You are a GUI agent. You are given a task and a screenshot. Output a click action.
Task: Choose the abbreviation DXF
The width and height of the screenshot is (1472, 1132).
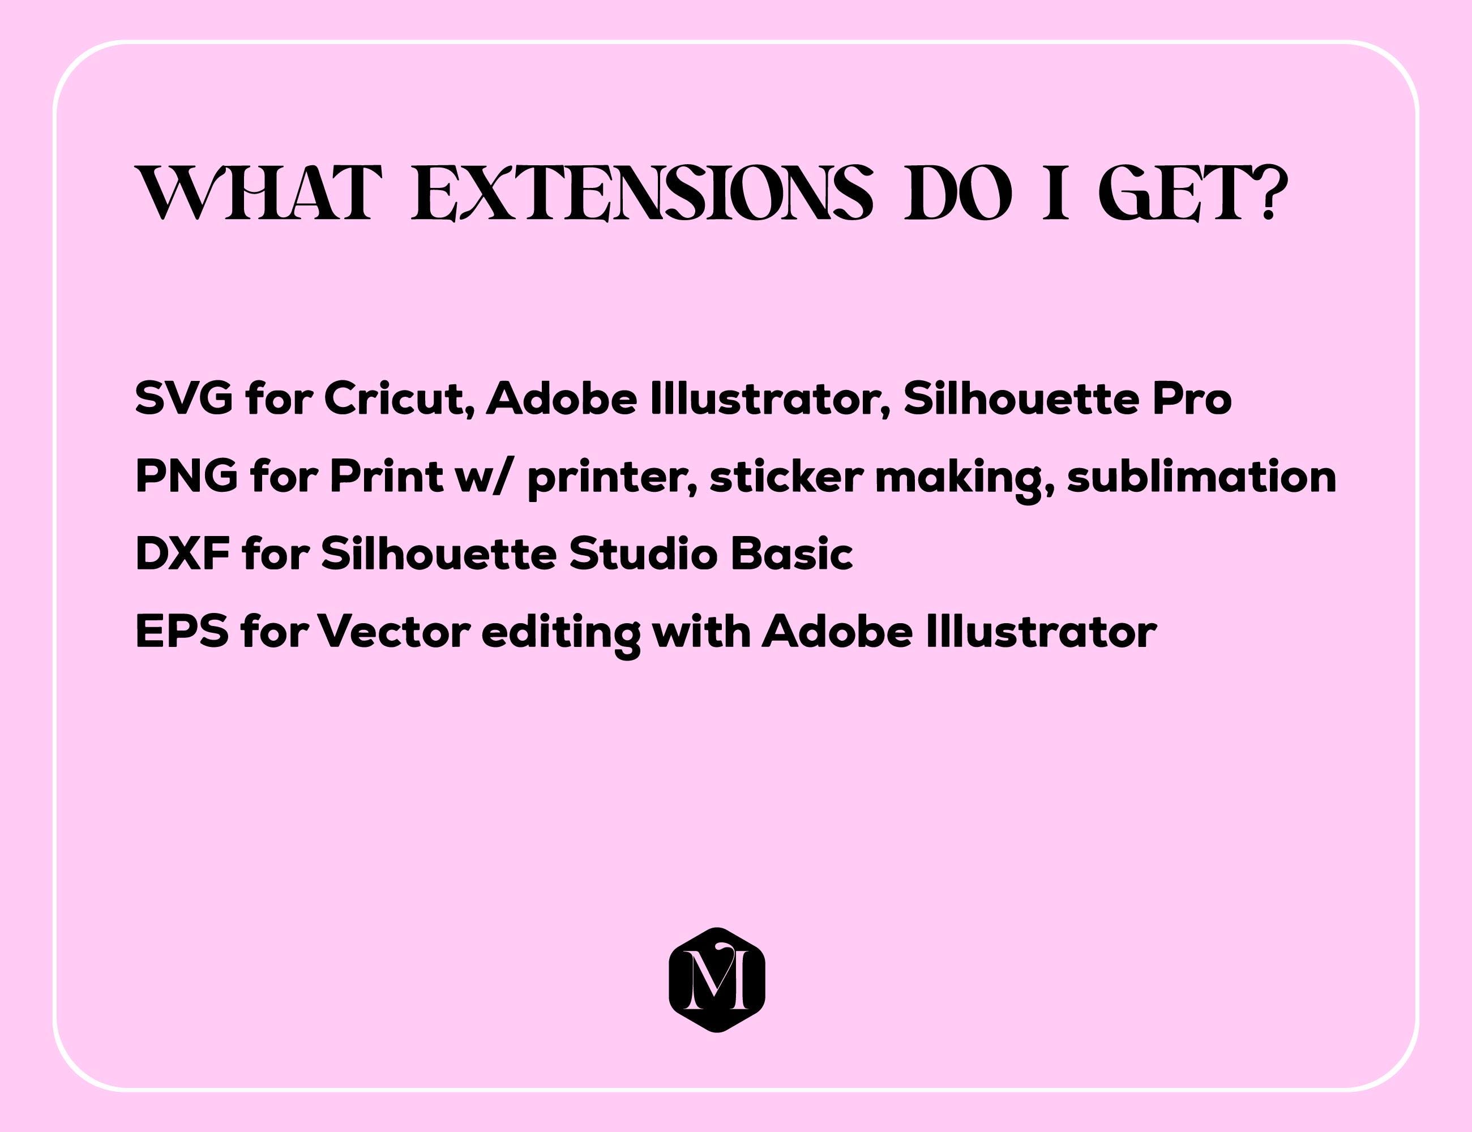pyautogui.click(x=183, y=554)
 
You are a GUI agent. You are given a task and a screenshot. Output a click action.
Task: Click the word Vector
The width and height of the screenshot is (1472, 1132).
pyautogui.click(x=393, y=632)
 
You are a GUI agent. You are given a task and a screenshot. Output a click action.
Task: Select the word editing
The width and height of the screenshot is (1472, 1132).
pyautogui.click(x=560, y=634)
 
